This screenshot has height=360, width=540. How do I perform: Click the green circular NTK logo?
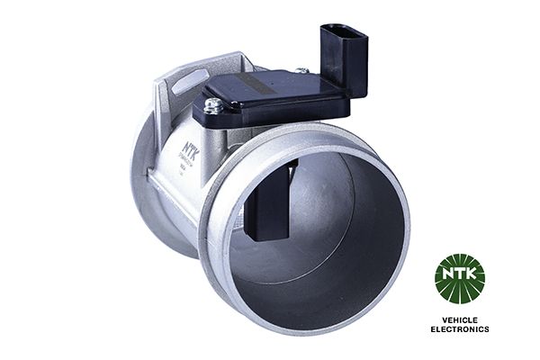click(x=459, y=279)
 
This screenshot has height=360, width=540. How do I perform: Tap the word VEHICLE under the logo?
click(x=459, y=319)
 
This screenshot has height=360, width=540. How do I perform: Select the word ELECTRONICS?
click(x=459, y=329)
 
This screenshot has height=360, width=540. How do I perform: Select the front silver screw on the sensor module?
click(x=212, y=106)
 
